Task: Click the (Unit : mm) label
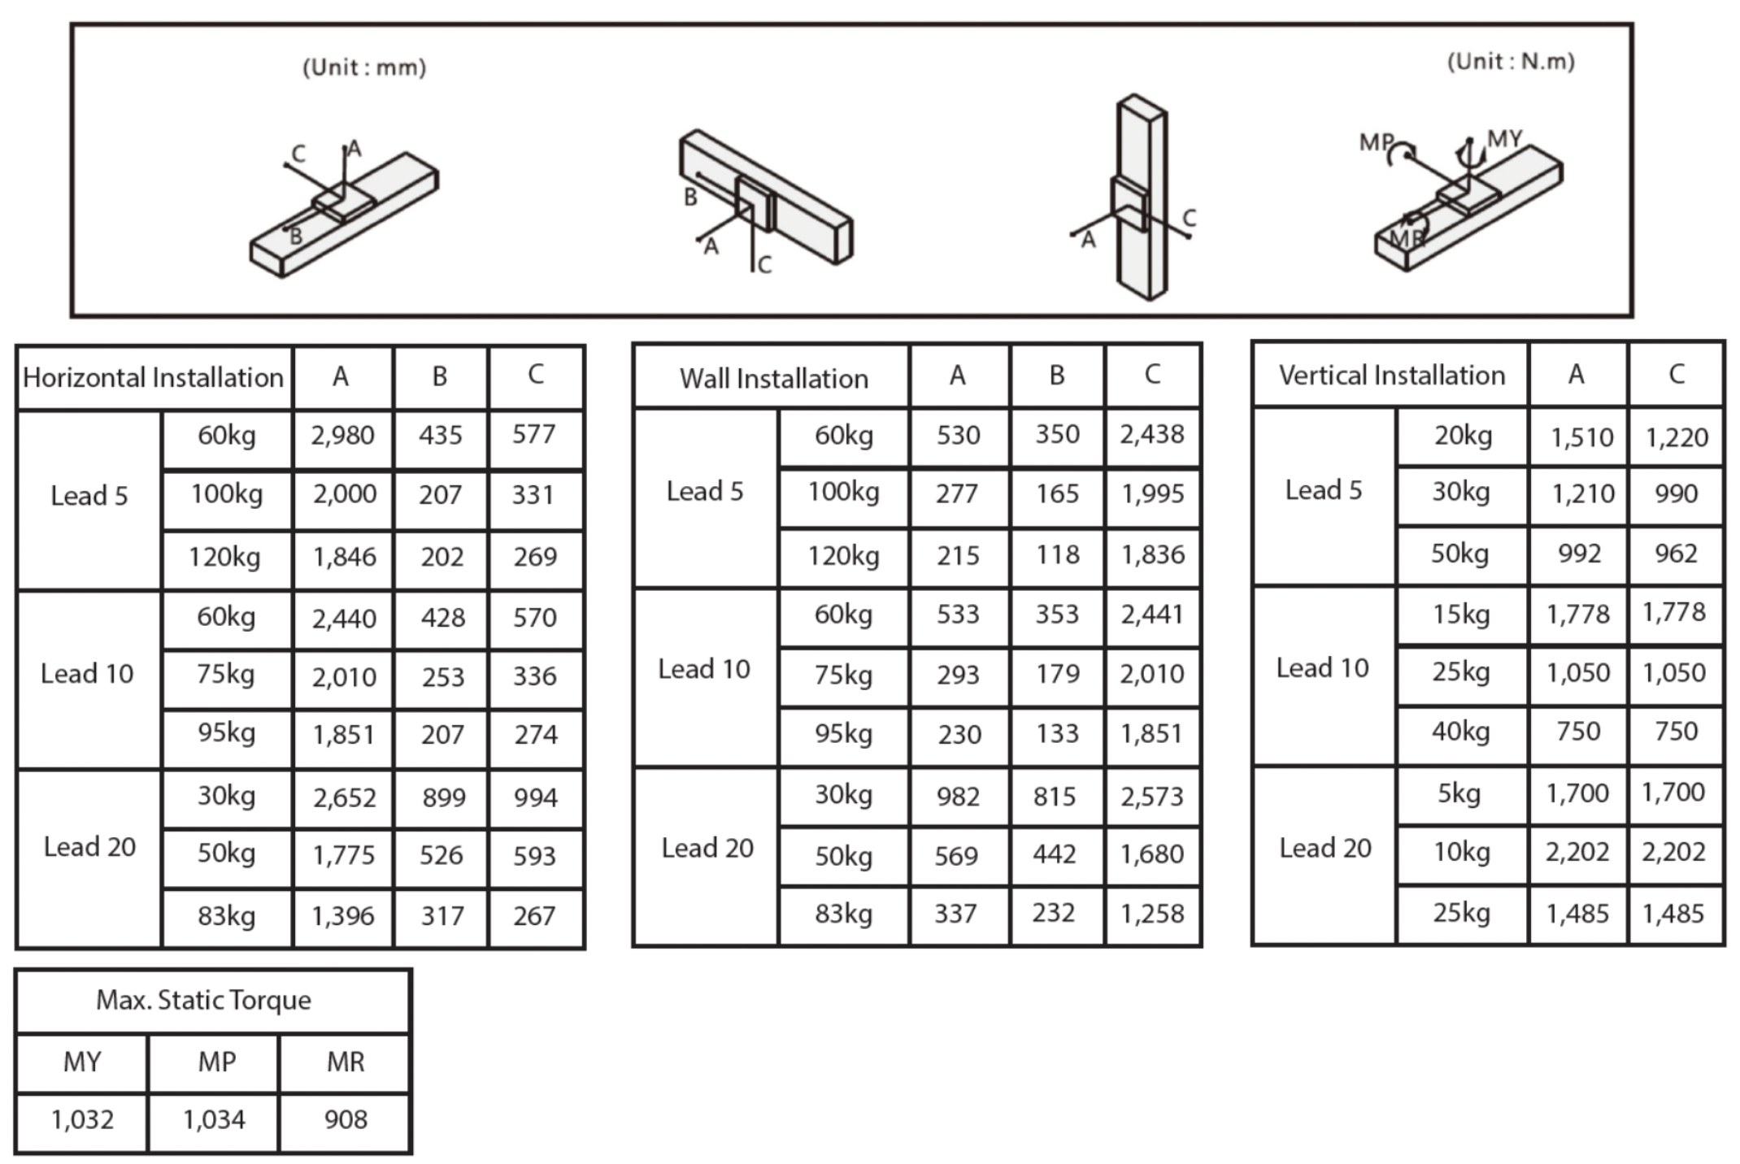pos(364,67)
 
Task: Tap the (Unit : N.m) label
pos(1511,62)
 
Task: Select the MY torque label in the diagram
pos(1504,139)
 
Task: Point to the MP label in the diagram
pos(1376,142)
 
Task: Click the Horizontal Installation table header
pos(153,377)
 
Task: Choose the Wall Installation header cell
pos(774,378)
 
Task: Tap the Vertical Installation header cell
pos(1392,375)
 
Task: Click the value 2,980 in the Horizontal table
pos(342,436)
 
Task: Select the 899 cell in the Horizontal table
pos(443,797)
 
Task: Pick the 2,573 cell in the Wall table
pos(1151,797)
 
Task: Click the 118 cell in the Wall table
pos(1057,554)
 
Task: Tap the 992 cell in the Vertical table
pos(1579,554)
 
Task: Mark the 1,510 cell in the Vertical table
pos(1581,438)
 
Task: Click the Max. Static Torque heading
pos(203,1000)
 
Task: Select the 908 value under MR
pos(346,1119)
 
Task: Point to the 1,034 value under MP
pos(214,1120)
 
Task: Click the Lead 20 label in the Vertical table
pos(1325,848)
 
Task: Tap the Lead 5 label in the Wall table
pos(705,491)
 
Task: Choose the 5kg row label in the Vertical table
pos(1459,793)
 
